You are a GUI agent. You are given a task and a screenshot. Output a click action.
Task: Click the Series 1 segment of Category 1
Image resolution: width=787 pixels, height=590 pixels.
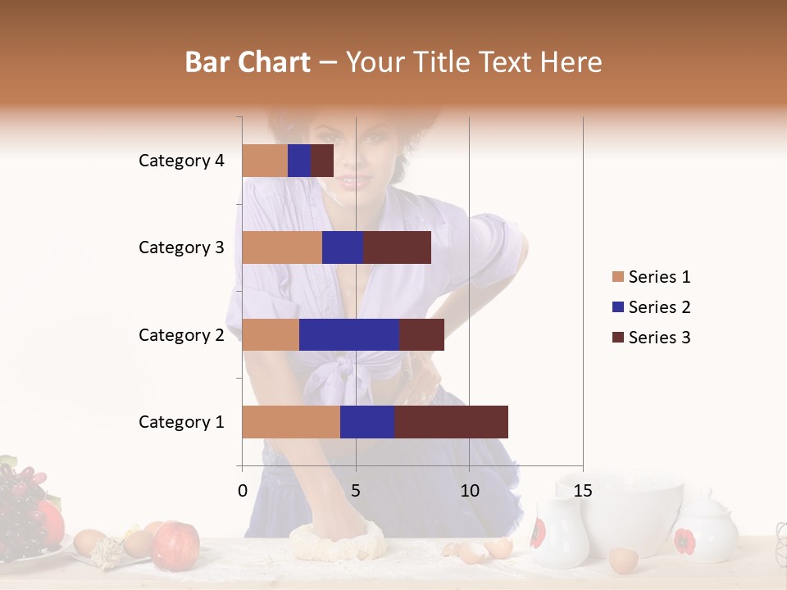[291, 422]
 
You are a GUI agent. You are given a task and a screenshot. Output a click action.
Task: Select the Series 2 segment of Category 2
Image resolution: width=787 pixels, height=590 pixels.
[349, 335]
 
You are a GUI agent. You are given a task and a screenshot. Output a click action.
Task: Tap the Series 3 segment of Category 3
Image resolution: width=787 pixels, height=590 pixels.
[398, 247]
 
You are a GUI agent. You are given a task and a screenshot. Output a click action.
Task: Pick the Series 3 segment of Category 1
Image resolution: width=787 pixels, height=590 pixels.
[451, 422]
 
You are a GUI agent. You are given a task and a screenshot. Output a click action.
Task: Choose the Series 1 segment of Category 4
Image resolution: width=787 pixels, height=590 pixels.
[265, 161]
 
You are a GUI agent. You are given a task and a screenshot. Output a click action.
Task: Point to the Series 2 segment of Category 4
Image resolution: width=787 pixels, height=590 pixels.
[299, 161]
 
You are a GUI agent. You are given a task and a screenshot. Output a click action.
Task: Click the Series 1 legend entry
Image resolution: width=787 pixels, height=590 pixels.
[651, 277]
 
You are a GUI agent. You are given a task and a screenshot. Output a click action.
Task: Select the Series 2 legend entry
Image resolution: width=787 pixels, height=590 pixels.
[651, 307]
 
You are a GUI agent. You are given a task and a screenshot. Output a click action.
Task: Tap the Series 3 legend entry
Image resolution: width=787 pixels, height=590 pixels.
[651, 338]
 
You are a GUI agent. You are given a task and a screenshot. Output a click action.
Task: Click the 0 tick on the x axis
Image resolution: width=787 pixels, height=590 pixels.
[243, 491]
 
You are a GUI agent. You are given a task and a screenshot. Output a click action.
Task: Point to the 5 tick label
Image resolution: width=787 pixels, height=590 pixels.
[356, 491]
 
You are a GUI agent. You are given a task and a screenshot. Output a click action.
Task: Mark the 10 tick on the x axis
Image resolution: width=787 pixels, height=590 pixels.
[469, 491]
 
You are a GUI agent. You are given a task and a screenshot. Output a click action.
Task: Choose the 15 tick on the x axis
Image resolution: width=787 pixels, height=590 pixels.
[583, 491]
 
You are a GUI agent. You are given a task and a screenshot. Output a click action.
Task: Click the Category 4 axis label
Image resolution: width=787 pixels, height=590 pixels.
[181, 161]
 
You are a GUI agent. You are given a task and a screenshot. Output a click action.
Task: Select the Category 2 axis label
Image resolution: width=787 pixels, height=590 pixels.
[181, 335]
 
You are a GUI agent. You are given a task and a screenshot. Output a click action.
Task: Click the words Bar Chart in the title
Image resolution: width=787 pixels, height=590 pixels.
[248, 61]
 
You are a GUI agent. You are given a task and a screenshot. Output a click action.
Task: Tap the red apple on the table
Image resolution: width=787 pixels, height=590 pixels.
[175, 542]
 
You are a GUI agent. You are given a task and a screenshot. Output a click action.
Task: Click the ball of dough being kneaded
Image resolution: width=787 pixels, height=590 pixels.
[337, 541]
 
